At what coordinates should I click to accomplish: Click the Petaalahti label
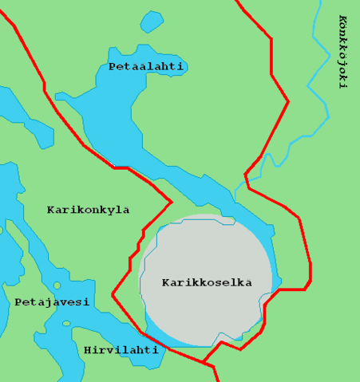(146, 67)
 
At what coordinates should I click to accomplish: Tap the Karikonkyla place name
(88, 210)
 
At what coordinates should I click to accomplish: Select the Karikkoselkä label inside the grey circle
(207, 282)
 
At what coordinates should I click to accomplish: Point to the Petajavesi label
(52, 302)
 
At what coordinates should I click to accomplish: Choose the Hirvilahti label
(121, 349)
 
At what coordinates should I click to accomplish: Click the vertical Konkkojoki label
(342, 51)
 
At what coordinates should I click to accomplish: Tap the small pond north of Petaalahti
(151, 22)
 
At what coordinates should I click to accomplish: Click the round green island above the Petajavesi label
(57, 285)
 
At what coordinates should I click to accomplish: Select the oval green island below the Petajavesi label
(66, 324)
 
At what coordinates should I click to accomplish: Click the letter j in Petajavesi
(46, 303)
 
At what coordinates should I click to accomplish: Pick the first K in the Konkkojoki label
(342, 19)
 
